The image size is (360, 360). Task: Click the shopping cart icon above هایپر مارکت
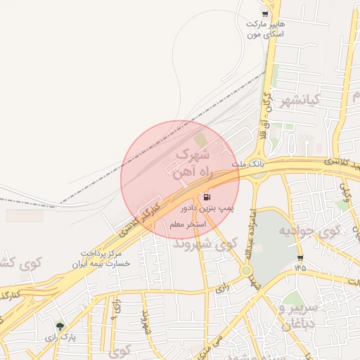265,13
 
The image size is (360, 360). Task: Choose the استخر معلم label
187,224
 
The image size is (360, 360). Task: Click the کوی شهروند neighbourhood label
205,244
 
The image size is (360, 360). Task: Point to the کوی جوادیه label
309,230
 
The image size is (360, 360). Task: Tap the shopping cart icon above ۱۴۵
301,257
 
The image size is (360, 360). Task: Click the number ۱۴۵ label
301,268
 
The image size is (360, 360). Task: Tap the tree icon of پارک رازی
60,327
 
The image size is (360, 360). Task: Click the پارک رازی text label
60,338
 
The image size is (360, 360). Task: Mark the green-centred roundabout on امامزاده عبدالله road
247,270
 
